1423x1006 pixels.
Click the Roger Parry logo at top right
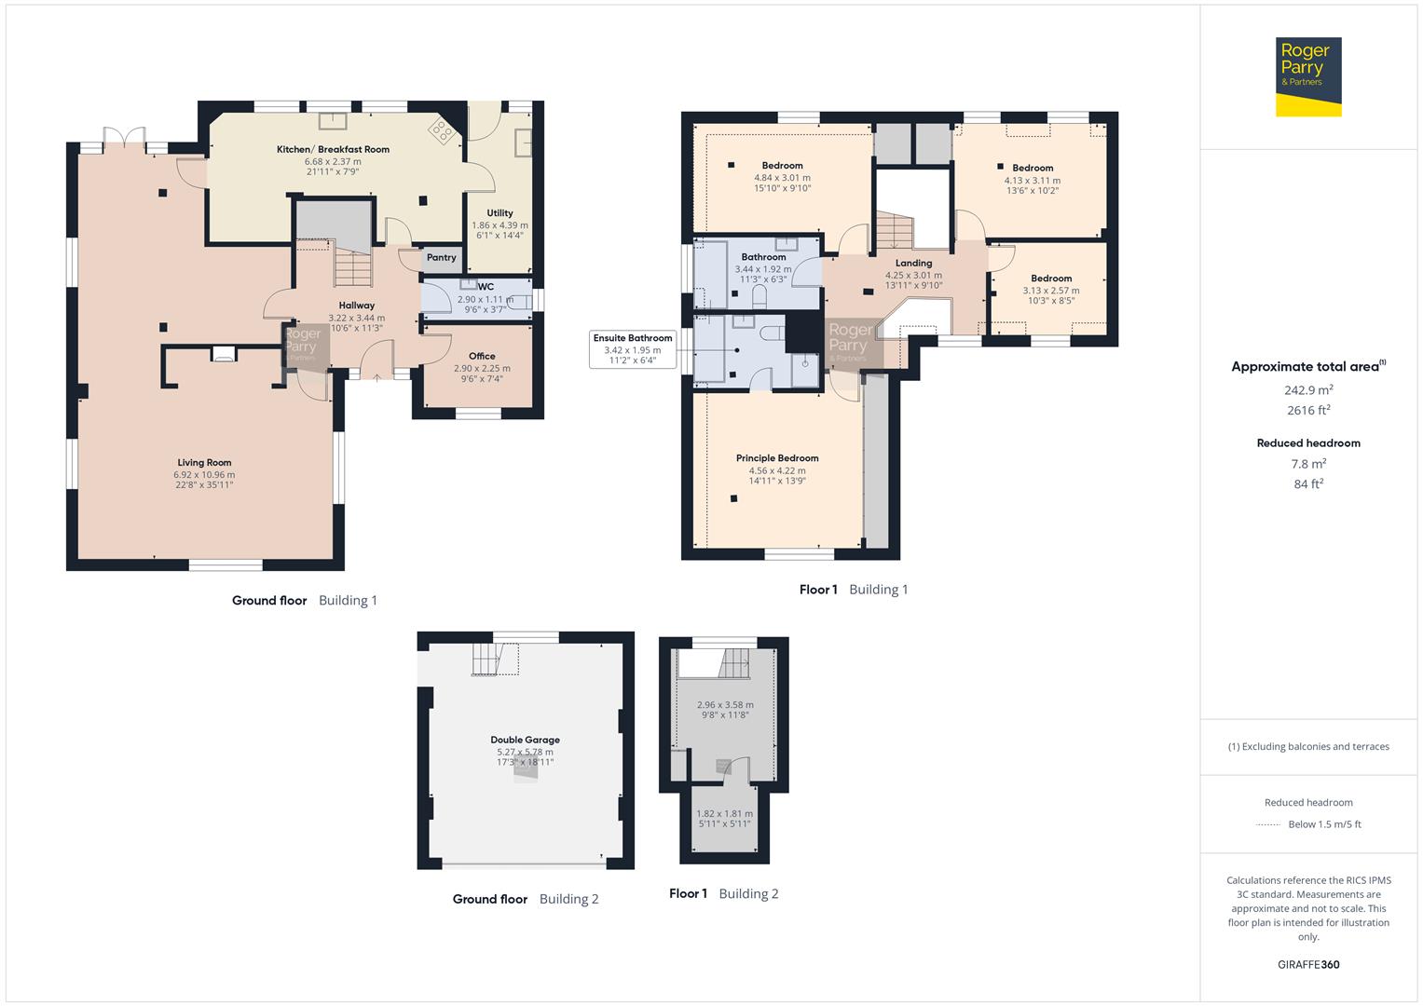pyautogui.click(x=1307, y=76)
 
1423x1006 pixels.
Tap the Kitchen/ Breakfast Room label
pyautogui.click(x=333, y=149)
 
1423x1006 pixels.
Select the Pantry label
pyautogui.click(x=441, y=258)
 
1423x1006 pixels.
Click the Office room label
pyautogui.click(x=482, y=356)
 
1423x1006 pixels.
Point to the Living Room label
pyautogui.click(x=204, y=463)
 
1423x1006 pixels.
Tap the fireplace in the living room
pyautogui.click(x=223, y=353)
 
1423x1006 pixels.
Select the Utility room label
pyautogui.click(x=499, y=213)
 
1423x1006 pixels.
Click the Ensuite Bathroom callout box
pyautogui.click(x=633, y=349)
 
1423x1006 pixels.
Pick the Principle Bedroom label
pyautogui.click(x=777, y=458)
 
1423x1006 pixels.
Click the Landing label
pyautogui.click(x=913, y=264)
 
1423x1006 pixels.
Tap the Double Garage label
pyautogui.click(x=525, y=741)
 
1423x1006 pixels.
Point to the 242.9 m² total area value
pyautogui.click(x=1308, y=391)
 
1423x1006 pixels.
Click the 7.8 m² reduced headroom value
pyautogui.click(x=1308, y=464)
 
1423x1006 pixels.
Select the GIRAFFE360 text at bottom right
pyautogui.click(x=1308, y=964)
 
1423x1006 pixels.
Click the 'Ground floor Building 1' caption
pyautogui.click(x=304, y=601)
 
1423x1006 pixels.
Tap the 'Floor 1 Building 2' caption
pyautogui.click(x=723, y=894)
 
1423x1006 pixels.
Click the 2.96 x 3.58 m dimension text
pyautogui.click(x=725, y=705)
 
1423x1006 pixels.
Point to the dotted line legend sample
pyautogui.click(x=1268, y=824)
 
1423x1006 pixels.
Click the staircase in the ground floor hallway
pyautogui.click(x=353, y=271)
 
